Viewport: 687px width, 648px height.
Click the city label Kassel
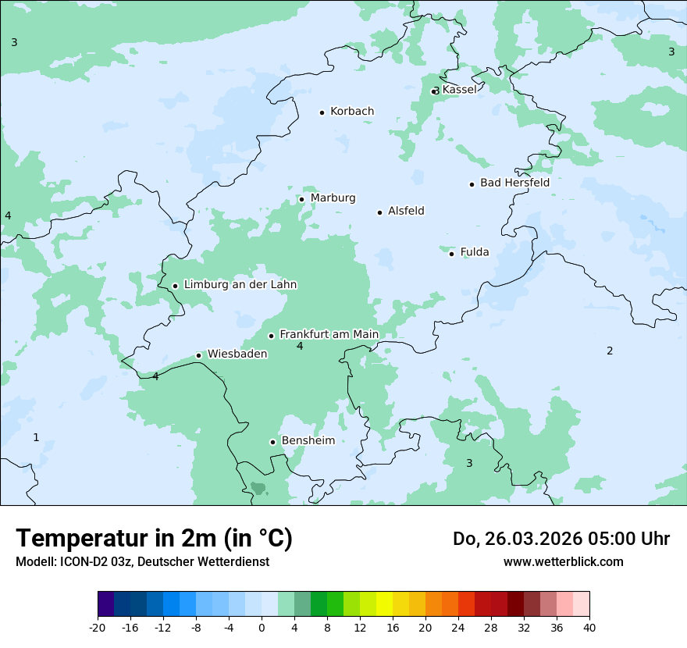pyautogui.click(x=459, y=90)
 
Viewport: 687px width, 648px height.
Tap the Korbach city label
pyautogui.click(x=352, y=112)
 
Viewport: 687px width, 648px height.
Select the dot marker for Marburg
pyautogui.click(x=301, y=199)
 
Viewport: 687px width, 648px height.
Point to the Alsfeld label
pyautogui.click(x=406, y=211)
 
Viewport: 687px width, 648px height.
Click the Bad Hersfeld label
pyautogui.click(x=514, y=183)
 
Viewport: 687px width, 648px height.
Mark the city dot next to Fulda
pyautogui.click(x=451, y=253)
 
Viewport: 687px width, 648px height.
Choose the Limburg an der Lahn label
pyautogui.click(x=240, y=285)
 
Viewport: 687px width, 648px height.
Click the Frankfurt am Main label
pyautogui.click(x=329, y=334)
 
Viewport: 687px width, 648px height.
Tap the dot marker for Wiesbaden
pyautogui.click(x=198, y=355)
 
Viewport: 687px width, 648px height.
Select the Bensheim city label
pyautogui.click(x=308, y=440)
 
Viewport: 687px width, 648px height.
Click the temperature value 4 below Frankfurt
pyautogui.click(x=300, y=347)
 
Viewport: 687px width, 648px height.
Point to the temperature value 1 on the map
pyautogui.click(x=36, y=437)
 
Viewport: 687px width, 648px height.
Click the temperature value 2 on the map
pyautogui.click(x=610, y=351)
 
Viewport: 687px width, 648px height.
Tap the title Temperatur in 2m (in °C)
pyautogui.click(x=154, y=538)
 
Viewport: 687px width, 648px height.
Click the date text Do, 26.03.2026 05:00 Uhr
pyautogui.click(x=561, y=539)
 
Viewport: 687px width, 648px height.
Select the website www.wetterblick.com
pyautogui.click(x=563, y=561)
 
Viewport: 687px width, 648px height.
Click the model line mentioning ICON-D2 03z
pyautogui.click(x=142, y=561)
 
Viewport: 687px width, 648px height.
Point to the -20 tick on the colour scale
pyautogui.click(x=98, y=627)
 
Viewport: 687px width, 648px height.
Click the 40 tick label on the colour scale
pyautogui.click(x=589, y=627)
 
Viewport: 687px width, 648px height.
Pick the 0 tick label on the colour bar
pyautogui.click(x=262, y=627)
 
